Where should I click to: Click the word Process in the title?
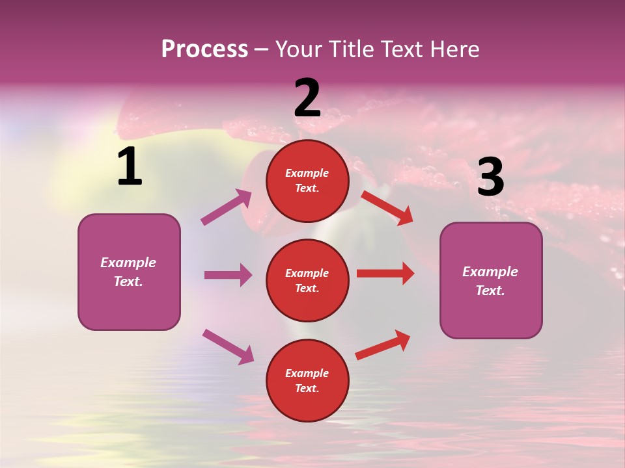pyautogui.click(x=204, y=49)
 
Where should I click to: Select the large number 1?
pyautogui.click(x=130, y=167)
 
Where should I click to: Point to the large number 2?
pyautogui.click(x=307, y=98)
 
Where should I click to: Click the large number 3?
pyautogui.click(x=490, y=177)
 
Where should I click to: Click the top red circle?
pyautogui.click(x=307, y=181)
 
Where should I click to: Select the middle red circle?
pyautogui.click(x=307, y=280)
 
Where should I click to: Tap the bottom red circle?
pyautogui.click(x=307, y=380)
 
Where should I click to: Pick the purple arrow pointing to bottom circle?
pyautogui.click(x=228, y=346)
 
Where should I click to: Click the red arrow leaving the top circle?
pyautogui.click(x=387, y=207)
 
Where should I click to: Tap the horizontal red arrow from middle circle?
pyautogui.click(x=385, y=274)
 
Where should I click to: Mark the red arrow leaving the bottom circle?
pyautogui.click(x=383, y=344)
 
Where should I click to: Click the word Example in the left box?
pyautogui.click(x=128, y=263)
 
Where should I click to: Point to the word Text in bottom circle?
pyautogui.click(x=306, y=388)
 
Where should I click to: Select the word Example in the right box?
pyautogui.click(x=490, y=272)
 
